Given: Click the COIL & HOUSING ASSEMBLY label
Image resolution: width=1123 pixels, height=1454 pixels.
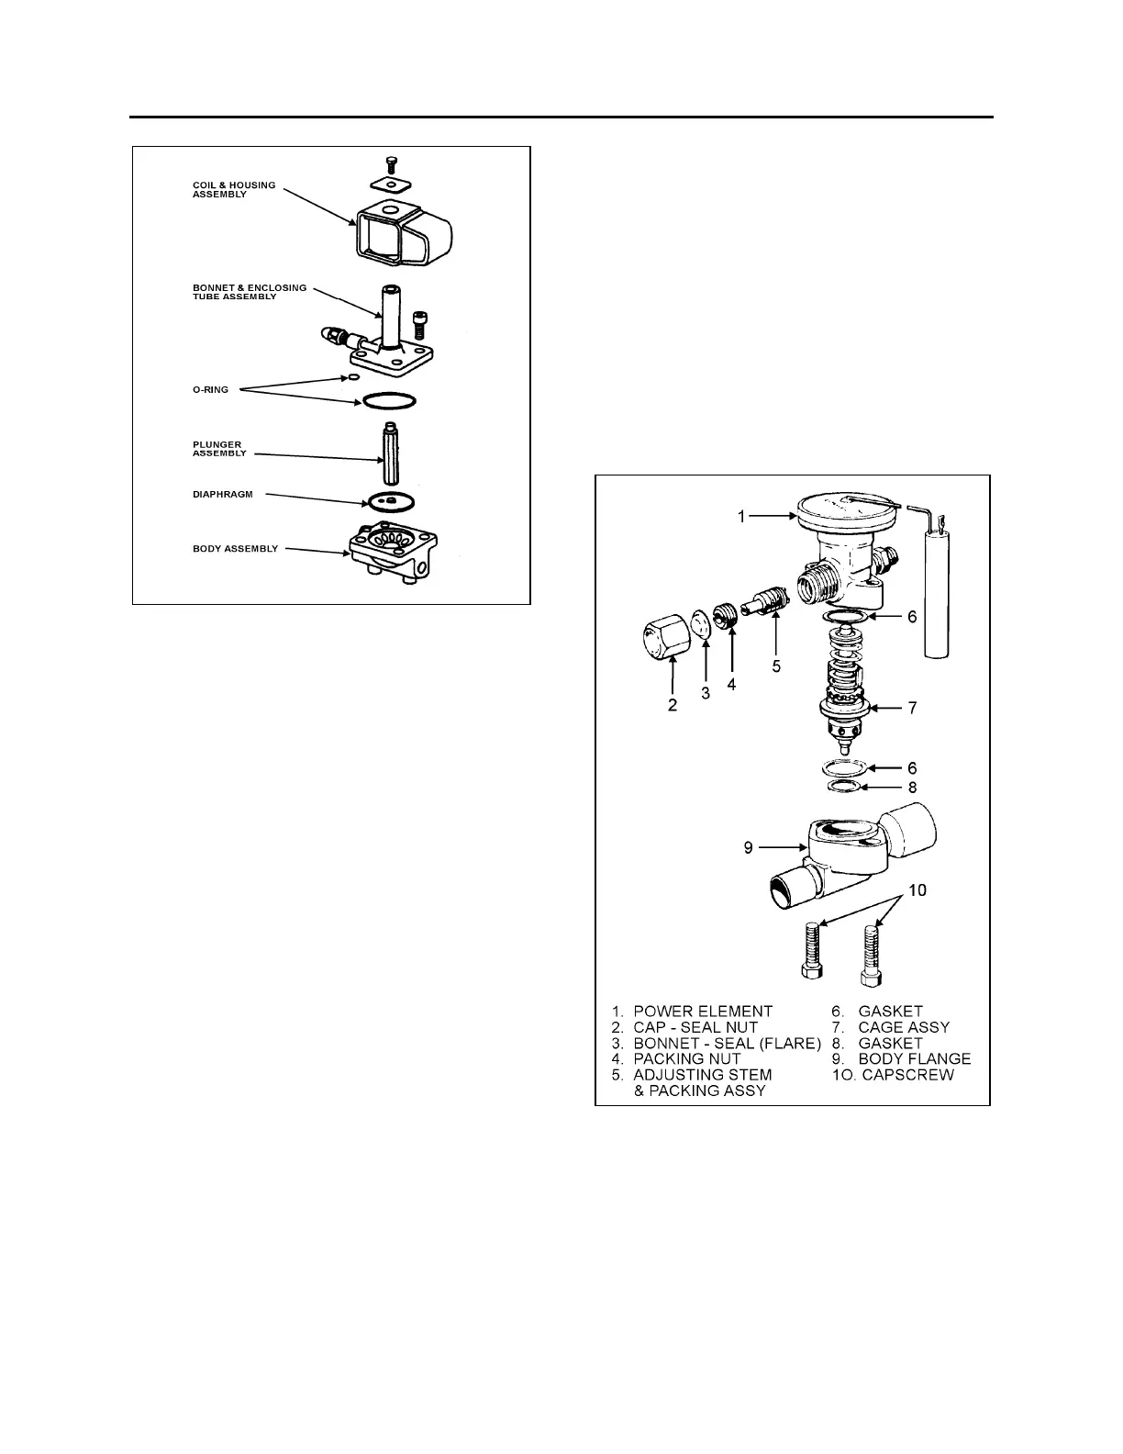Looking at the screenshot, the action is coord(233,190).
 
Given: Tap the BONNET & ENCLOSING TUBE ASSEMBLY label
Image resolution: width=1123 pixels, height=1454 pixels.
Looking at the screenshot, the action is coord(250,292).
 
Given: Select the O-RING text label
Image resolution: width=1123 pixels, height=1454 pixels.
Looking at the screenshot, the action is coord(210,390).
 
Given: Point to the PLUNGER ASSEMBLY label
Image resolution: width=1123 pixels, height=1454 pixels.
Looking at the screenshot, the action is coord(219,449).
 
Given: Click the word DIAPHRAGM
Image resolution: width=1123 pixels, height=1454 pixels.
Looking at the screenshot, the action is coord(222,495).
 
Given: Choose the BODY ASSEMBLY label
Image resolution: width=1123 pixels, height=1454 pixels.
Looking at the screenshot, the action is coord(235,549).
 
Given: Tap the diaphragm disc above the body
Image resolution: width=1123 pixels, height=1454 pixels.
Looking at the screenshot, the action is coord(390,501).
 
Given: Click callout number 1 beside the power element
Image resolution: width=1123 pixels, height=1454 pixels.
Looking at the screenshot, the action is coord(741,517).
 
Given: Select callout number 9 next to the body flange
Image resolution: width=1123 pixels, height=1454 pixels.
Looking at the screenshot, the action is coord(749,847).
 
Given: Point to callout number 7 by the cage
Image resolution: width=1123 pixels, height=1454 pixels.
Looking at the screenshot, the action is coord(912,708).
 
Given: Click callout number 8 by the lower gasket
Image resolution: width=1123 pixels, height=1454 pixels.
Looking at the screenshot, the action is coord(912,788).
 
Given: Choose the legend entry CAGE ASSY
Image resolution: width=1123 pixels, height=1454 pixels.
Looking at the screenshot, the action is coord(904,1027).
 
